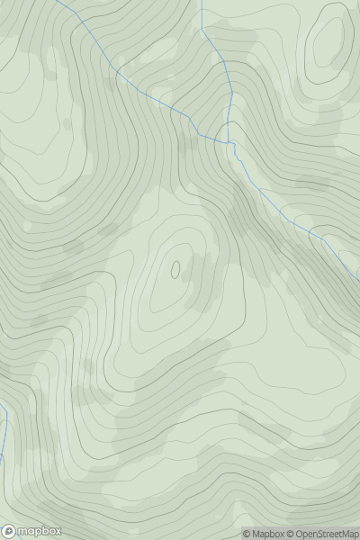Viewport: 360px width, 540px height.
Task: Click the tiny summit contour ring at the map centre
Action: (175, 268)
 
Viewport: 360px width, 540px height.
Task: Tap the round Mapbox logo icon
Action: (10, 531)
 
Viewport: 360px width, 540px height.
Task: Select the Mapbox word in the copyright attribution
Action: (268, 534)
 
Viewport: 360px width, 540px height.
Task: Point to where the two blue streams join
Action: (230, 142)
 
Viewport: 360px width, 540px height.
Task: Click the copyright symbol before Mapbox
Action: (247, 534)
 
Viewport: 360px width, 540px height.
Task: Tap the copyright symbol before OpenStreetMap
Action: (290, 534)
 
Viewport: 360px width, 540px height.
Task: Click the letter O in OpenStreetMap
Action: (299, 534)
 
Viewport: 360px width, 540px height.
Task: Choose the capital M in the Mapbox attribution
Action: (256, 534)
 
